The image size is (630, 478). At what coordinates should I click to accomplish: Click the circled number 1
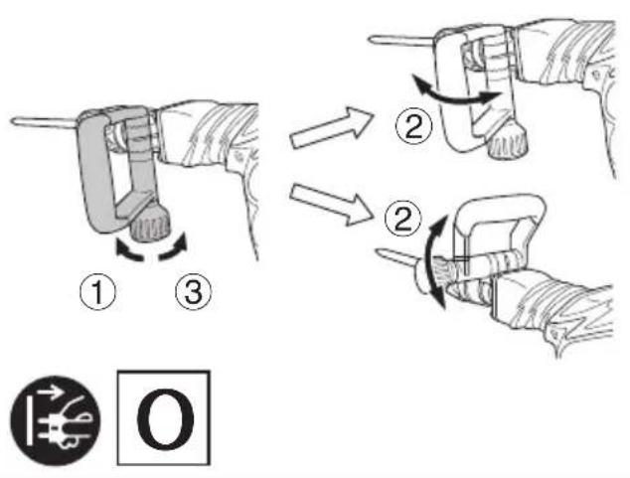(x=97, y=291)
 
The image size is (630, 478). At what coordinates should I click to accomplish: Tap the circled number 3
(x=193, y=291)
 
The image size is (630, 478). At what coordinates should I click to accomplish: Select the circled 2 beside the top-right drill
(x=413, y=126)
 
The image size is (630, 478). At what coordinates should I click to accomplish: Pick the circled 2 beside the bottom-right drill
(x=403, y=218)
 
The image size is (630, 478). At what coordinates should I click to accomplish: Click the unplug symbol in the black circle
(x=56, y=420)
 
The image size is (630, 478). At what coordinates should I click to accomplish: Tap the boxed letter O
(x=164, y=417)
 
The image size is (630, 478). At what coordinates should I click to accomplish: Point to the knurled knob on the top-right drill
(x=508, y=141)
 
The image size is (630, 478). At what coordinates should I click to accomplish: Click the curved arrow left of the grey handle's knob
(x=128, y=250)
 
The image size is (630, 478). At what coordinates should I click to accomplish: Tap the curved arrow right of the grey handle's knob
(x=174, y=246)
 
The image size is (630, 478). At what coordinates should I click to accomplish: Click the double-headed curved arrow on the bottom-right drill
(x=431, y=261)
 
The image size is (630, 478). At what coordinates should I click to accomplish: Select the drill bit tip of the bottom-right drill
(x=378, y=251)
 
